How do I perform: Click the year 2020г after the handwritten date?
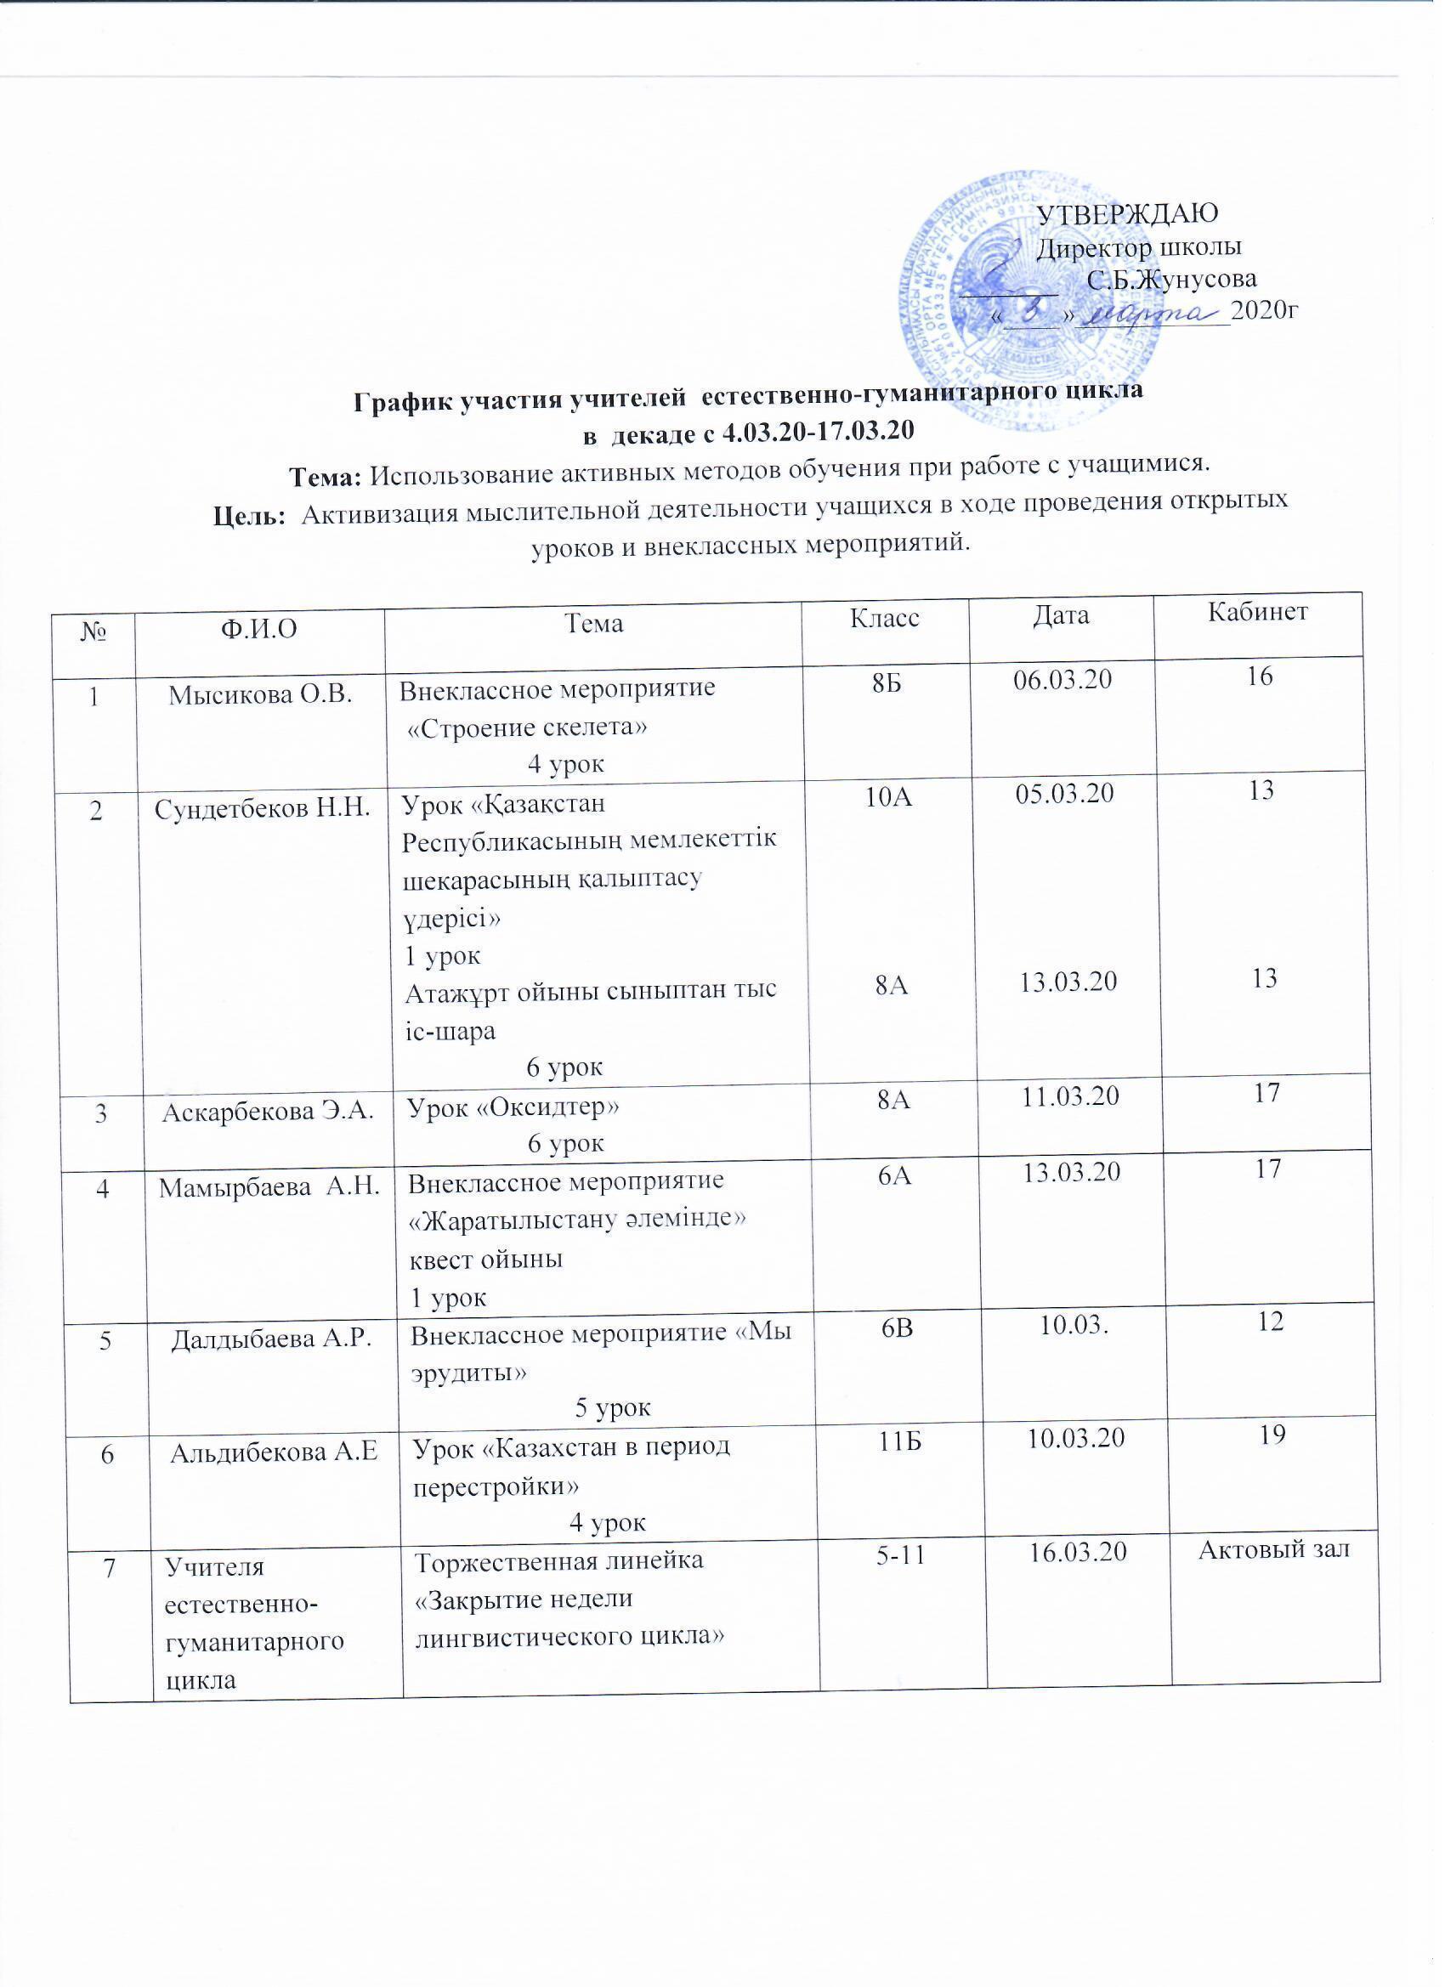click(1263, 310)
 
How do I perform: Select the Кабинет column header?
click(1258, 612)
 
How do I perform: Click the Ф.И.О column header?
click(260, 626)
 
